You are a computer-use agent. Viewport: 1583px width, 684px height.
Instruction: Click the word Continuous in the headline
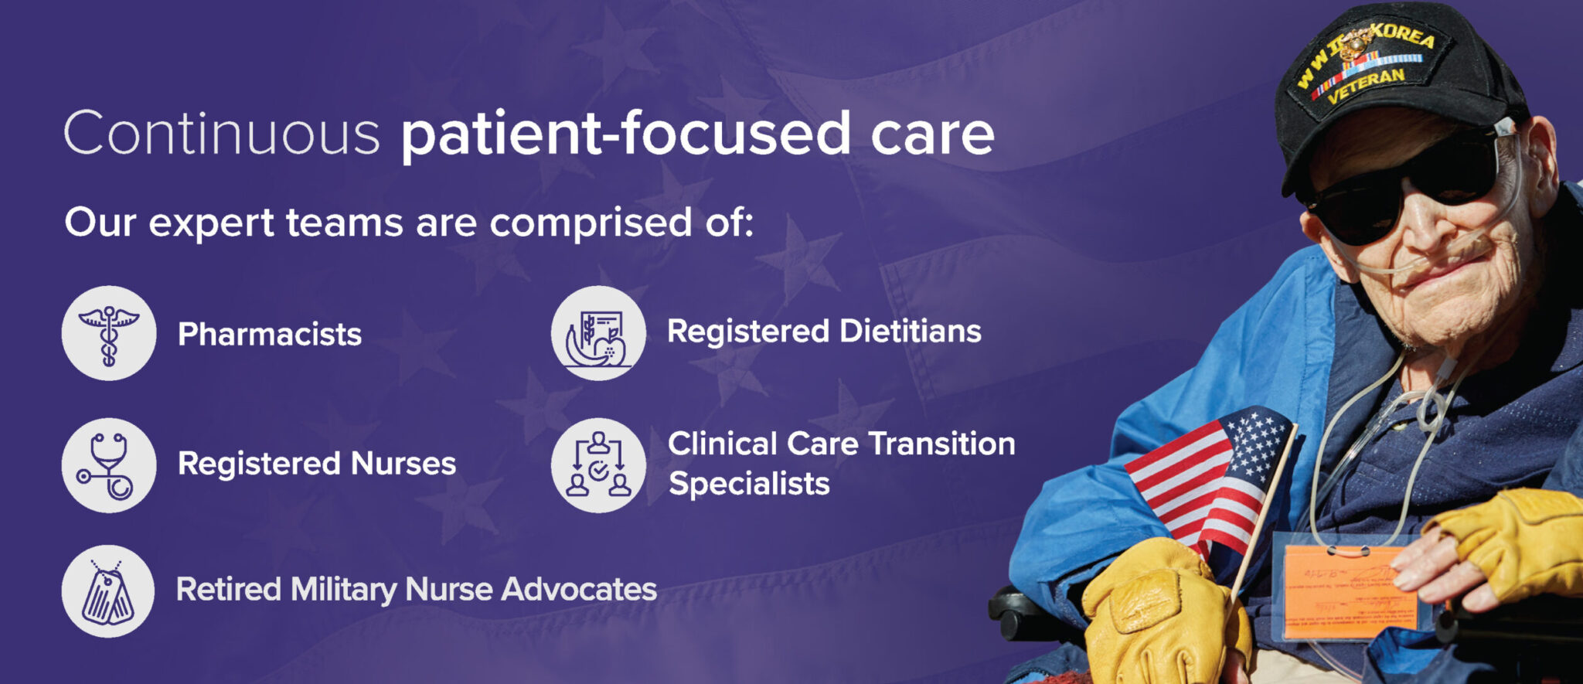[x=221, y=133]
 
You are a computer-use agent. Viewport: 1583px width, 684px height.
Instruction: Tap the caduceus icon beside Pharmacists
[x=109, y=333]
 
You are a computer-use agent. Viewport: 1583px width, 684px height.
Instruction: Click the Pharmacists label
[x=270, y=335]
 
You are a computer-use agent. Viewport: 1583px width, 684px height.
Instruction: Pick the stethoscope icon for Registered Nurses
[x=109, y=465]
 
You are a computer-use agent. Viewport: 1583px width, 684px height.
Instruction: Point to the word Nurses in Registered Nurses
[x=403, y=464]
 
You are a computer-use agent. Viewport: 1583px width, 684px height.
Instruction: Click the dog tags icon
[x=108, y=592]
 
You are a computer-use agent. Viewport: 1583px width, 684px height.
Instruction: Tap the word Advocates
[x=579, y=590]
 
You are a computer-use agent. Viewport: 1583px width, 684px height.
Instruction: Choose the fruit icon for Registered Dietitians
[x=598, y=333]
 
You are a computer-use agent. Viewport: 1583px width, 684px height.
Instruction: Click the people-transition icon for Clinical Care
[x=598, y=465]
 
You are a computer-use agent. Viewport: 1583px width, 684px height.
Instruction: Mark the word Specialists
[x=749, y=484]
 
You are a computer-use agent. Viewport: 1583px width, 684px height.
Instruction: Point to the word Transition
[x=941, y=444]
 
